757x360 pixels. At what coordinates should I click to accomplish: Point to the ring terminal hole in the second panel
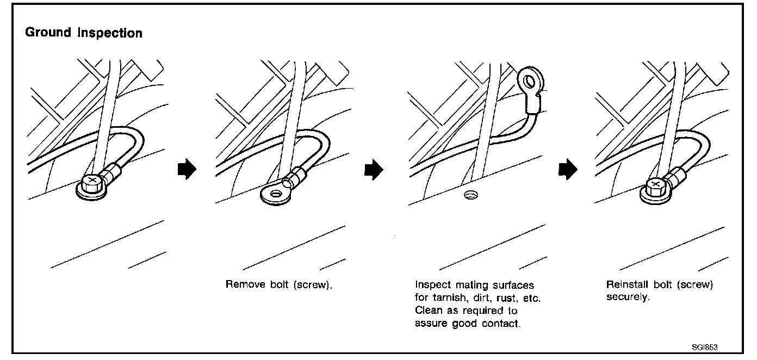[276, 193]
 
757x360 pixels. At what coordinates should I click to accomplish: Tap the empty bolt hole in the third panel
[470, 195]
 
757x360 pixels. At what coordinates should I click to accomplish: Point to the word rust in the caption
[500, 299]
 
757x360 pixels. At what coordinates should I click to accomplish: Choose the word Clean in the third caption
[427, 311]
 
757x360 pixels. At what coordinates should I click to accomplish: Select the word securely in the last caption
[627, 299]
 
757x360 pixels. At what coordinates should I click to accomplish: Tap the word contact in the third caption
[501, 324]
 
